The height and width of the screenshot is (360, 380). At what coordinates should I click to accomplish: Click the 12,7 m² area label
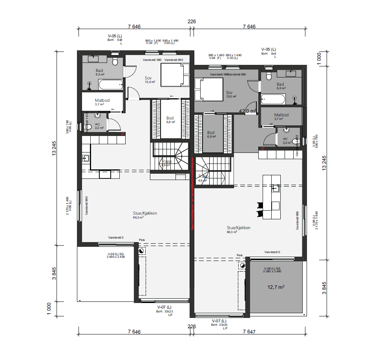pos(276,287)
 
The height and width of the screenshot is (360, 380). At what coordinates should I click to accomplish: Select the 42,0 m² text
pos(247,111)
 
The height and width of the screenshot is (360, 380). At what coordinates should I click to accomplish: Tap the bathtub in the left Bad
pos(110,84)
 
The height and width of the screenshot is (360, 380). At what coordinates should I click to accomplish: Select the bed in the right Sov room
pos(209,89)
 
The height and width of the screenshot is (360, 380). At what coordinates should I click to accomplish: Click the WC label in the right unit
pos(286,139)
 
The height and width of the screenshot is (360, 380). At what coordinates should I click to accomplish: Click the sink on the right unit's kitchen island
pos(276,188)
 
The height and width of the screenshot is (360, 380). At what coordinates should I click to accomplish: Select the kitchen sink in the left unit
pos(86,158)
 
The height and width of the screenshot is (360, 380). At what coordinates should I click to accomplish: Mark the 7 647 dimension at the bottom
pos(249,332)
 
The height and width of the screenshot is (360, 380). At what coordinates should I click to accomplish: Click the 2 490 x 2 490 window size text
pos(116,257)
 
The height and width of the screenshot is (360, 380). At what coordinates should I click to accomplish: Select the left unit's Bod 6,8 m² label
pos(170,119)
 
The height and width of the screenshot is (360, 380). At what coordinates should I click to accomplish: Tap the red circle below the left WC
pos(123,134)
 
